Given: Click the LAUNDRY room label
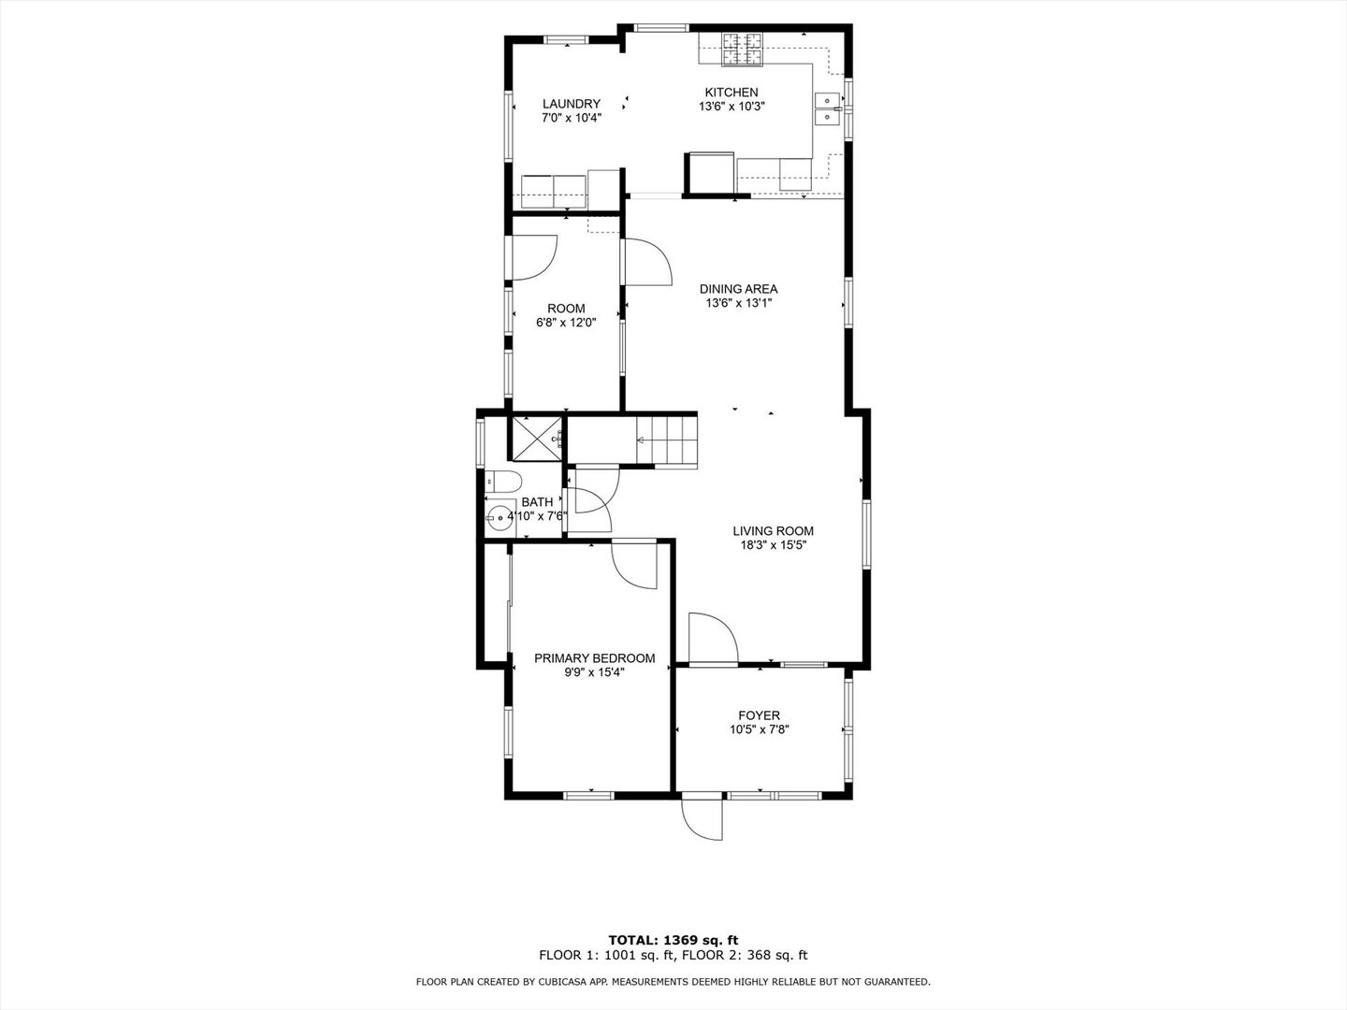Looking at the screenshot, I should (571, 104).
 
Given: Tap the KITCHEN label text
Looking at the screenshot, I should (731, 93).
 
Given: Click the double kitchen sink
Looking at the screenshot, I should (827, 109).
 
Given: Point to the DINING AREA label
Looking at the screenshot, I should (738, 289).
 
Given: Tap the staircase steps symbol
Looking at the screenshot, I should (667, 440).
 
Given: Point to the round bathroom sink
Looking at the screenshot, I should (500, 516).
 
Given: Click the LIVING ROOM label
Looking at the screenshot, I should (773, 531).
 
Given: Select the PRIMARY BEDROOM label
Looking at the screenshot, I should (594, 658).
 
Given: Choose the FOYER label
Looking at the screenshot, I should (759, 716).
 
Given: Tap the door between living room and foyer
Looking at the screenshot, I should (711, 639).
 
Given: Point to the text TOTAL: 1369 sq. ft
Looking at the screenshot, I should (673, 940).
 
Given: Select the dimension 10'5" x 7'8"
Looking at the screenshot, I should (759, 730).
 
